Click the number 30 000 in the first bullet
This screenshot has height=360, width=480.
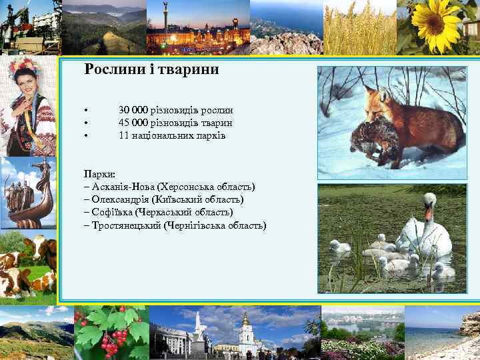pyautogui.click(x=133, y=110)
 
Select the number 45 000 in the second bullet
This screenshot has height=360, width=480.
pyautogui.click(x=133, y=123)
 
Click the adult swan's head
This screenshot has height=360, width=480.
pyautogui.click(x=430, y=200)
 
